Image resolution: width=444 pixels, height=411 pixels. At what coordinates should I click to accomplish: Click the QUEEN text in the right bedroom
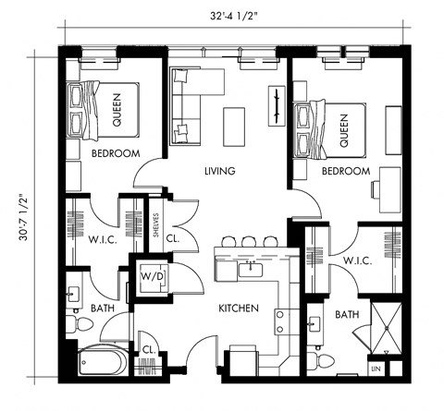pos(342,130)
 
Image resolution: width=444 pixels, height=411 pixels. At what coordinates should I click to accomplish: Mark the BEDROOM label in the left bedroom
pos(116,153)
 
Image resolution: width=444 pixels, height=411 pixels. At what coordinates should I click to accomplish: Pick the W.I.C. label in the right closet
pos(357,262)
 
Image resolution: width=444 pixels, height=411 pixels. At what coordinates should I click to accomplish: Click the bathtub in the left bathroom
pos(102,361)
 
